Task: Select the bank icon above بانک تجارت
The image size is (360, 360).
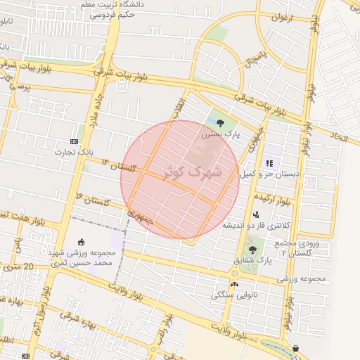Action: point(75,141)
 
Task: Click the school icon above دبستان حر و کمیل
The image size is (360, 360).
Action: point(270,163)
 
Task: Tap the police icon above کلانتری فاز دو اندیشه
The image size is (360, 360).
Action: point(256,214)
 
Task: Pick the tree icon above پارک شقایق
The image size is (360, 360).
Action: point(252,250)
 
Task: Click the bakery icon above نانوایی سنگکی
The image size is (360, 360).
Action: point(234,285)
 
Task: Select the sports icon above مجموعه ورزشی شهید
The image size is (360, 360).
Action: point(82,241)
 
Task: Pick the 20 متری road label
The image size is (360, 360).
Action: point(17,267)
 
